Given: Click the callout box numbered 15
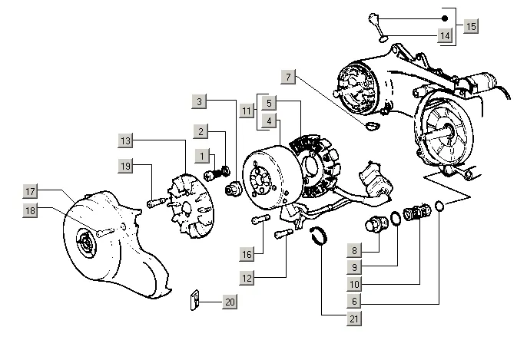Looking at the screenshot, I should (x=470, y=27).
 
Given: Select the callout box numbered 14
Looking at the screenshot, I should (x=445, y=36).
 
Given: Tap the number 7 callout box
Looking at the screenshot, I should (x=289, y=77).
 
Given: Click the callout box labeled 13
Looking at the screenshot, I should (x=126, y=140).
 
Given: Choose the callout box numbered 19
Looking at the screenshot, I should (x=126, y=166).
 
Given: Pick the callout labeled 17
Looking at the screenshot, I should (x=30, y=191).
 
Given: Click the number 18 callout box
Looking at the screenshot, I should (x=30, y=210).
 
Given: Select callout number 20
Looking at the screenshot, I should (x=229, y=302).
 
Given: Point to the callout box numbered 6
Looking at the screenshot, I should (x=354, y=302).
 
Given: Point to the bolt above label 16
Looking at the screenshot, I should (x=258, y=221).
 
